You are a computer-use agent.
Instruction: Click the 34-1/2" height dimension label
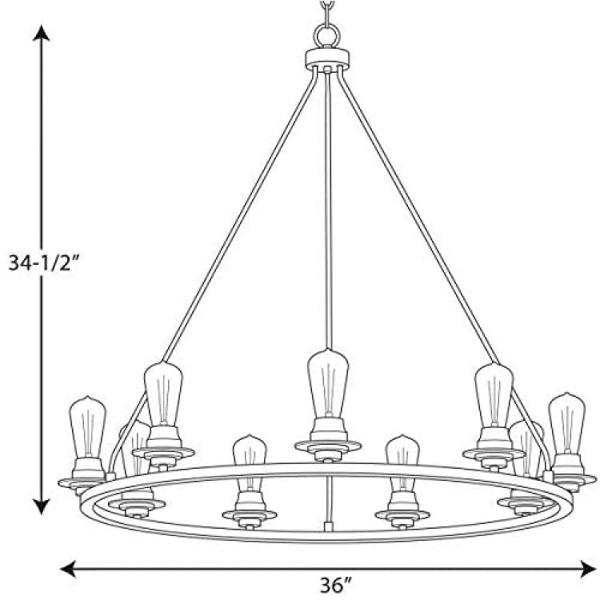44,263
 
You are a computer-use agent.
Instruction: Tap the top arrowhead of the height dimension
42,33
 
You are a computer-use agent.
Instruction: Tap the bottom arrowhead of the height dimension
42,506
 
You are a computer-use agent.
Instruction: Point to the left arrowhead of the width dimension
69,569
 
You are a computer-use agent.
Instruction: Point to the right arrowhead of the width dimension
588,569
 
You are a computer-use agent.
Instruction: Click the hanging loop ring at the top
326,37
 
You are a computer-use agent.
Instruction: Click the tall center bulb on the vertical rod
328,383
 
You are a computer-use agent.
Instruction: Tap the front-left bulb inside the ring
250,464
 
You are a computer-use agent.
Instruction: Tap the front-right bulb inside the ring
402,464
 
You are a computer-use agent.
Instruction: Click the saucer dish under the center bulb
328,446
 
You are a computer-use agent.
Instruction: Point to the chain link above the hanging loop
326,10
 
